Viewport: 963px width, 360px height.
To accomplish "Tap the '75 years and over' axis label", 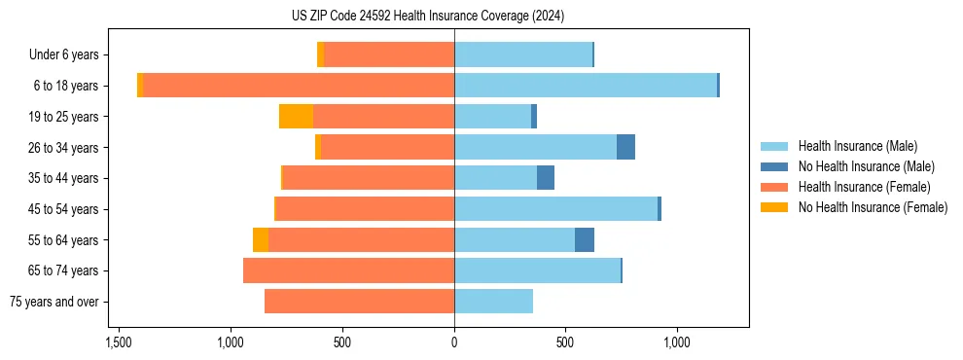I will [54, 302].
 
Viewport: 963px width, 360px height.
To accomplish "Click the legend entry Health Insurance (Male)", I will [857, 146].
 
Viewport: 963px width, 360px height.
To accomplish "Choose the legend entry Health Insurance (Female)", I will [864, 187].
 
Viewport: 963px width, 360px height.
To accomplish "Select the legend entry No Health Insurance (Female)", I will [873, 207].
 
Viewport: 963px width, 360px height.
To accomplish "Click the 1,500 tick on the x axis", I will [119, 342].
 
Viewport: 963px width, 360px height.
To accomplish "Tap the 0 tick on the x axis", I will [454, 342].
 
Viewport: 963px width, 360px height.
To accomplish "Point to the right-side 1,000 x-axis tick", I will [677, 342].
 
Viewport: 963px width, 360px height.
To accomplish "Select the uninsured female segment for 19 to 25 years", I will [296, 117].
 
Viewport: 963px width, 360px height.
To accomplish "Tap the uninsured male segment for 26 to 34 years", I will [625, 147].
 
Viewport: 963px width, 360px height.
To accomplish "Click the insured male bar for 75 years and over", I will [493, 302].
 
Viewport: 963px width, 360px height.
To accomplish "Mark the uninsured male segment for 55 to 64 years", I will [585, 240].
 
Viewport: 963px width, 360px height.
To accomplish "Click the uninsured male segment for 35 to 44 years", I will [546, 178].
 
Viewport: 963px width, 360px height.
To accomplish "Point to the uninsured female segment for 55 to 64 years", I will [261, 240].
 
